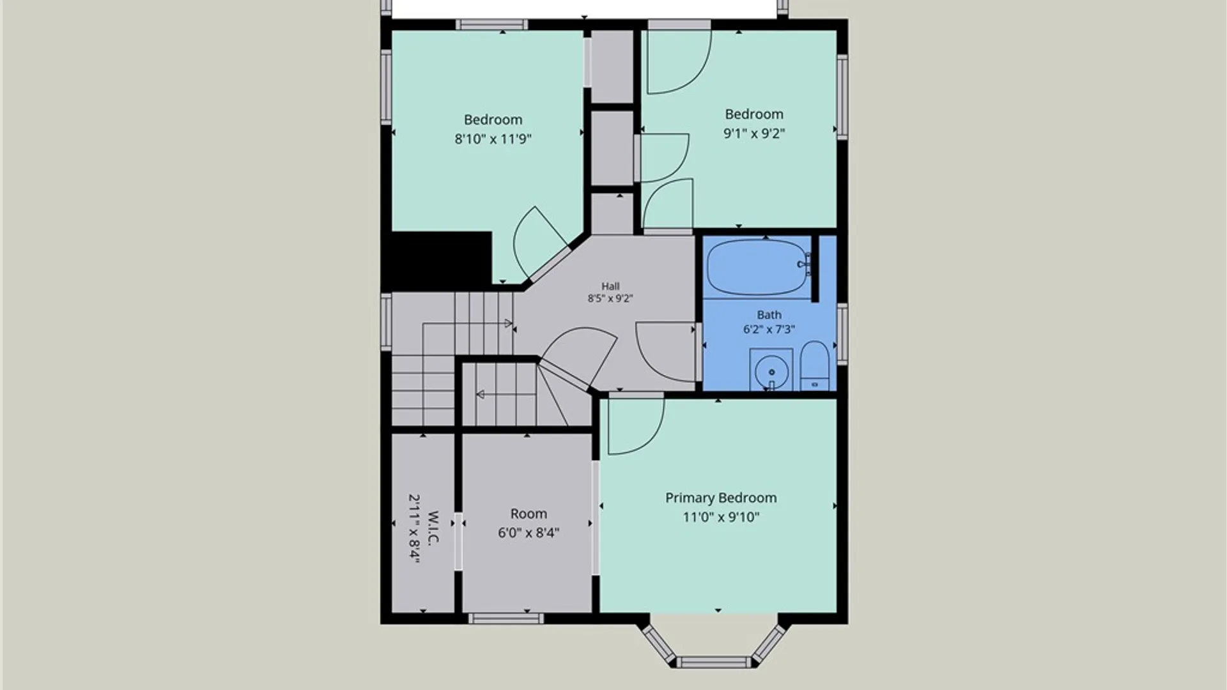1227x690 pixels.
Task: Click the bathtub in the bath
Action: (x=757, y=268)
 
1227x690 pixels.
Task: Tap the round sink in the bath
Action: (x=771, y=371)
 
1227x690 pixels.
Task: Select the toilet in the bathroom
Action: (x=815, y=366)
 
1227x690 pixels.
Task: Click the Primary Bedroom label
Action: (x=721, y=498)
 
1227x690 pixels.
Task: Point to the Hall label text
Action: (x=610, y=286)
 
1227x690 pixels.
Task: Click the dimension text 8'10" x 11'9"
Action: (x=493, y=139)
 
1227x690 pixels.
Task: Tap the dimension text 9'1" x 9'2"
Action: (x=754, y=134)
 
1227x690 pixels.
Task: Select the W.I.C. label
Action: (x=433, y=528)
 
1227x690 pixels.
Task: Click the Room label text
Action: (x=529, y=514)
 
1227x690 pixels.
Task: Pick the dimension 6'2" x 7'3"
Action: (x=769, y=329)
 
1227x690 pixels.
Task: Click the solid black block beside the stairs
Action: (x=441, y=261)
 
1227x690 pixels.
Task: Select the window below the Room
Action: (x=505, y=618)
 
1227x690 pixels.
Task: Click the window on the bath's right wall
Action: (x=842, y=334)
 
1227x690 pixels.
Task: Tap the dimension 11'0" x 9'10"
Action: (x=721, y=517)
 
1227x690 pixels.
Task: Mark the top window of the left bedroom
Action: (x=492, y=25)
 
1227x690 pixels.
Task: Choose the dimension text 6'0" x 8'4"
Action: (x=529, y=533)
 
